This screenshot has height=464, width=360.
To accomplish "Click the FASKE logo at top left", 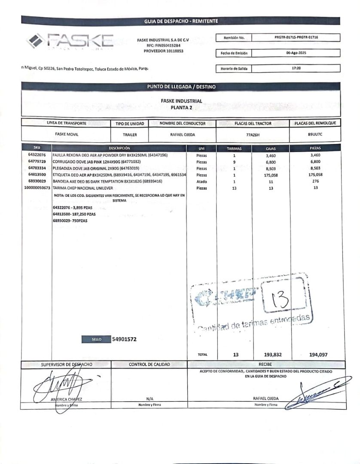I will (x=70, y=42).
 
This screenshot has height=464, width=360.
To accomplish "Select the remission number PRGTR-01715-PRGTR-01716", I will (x=296, y=37).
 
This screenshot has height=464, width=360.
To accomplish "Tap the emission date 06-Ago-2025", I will (x=296, y=53).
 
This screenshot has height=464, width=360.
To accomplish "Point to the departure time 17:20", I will (x=296, y=68).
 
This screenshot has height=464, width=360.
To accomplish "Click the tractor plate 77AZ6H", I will (x=253, y=134).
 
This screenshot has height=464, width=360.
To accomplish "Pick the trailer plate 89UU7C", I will (x=315, y=134).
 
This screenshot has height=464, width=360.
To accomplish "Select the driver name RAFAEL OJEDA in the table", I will (x=182, y=134).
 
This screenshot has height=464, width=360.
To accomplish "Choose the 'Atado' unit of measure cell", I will (x=202, y=182).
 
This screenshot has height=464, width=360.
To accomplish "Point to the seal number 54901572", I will (x=124, y=339).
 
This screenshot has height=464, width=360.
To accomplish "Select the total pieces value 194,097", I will (x=318, y=355).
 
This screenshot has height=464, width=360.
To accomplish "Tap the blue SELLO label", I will (x=96, y=339).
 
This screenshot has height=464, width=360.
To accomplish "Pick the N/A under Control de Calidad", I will (x=150, y=398).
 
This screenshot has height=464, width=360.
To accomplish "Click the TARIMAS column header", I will (x=234, y=148).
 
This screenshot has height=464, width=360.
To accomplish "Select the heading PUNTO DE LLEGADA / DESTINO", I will (x=181, y=86).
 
